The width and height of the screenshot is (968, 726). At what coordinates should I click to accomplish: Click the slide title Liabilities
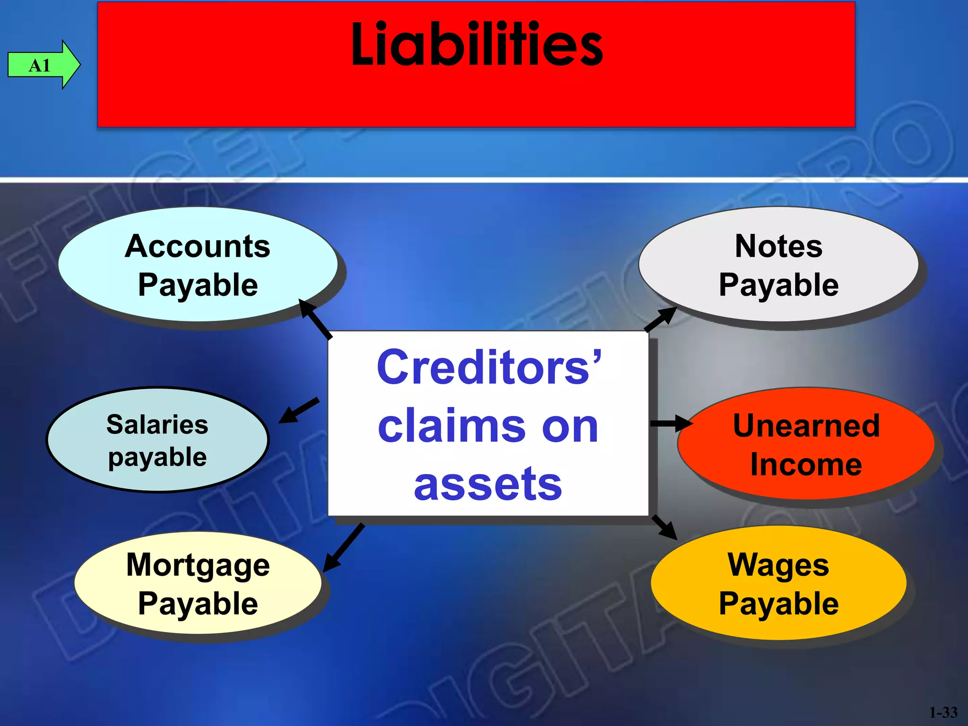click(x=476, y=45)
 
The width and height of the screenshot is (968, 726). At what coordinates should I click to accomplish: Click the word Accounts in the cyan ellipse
click(x=198, y=246)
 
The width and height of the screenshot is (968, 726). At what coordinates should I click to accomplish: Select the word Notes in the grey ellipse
click(x=778, y=246)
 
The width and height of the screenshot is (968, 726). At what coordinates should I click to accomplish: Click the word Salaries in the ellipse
click(x=157, y=424)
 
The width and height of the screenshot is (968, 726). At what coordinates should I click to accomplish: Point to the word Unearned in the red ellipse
click(x=806, y=425)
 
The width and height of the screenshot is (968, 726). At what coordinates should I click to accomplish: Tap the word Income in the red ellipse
click(x=806, y=465)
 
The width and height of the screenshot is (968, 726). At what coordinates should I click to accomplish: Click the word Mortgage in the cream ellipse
click(x=198, y=565)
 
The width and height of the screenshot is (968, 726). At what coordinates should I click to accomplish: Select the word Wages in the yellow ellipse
click(x=778, y=565)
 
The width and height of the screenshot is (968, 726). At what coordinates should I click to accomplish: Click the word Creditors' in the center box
click(x=488, y=367)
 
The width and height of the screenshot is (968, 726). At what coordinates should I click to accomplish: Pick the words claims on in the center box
click(x=488, y=426)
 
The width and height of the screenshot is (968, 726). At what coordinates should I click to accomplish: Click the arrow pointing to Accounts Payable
click(x=316, y=320)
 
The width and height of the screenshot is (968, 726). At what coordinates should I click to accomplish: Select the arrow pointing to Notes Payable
click(x=661, y=319)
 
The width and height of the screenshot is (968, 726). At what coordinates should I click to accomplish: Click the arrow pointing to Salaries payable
click(x=299, y=410)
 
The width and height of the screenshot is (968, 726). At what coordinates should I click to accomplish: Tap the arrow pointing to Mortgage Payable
click(x=344, y=547)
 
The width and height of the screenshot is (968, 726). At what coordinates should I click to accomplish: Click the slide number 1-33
click(x=943, y=712)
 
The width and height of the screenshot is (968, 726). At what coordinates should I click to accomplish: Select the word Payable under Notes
click(x=778, y=285)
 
